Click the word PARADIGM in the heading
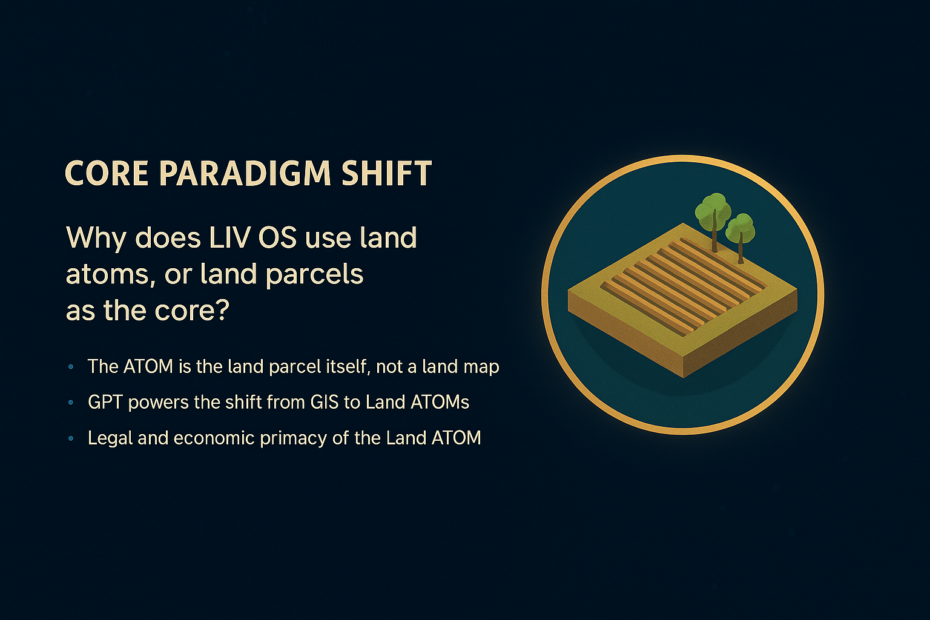245,173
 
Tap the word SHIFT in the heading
386,173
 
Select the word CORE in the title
107,173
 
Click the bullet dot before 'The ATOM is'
71,367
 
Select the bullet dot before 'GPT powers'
71,403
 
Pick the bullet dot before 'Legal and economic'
71,438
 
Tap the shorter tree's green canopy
740,228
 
